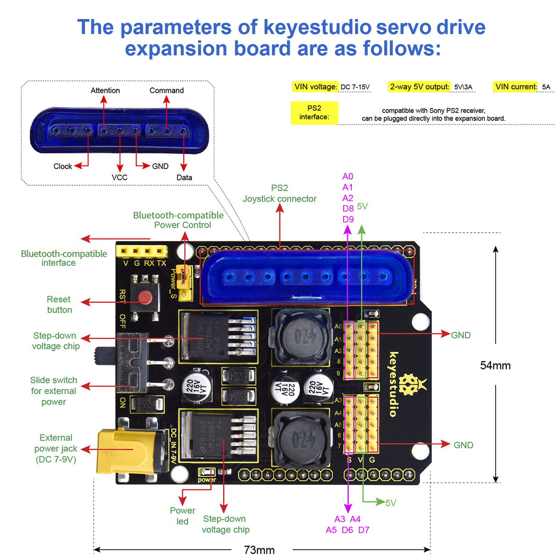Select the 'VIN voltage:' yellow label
[x=315, y=87]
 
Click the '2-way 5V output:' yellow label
[x=419, y=87]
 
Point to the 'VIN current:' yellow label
[x=516, y=87]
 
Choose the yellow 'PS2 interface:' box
[x=314, y=112]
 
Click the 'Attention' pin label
[x=105, y=91]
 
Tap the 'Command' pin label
[x=167, y=91]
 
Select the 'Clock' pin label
[x=63, y=166]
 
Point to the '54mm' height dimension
[x=495, y=365]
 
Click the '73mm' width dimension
[x=259, y=550]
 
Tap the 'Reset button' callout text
[x=59, y=304]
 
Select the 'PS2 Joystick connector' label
[x=280, y=193]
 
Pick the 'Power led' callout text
[x=182, y=516]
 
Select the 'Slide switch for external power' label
[x=54, y=391]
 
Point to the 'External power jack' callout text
[x=56, y=448]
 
